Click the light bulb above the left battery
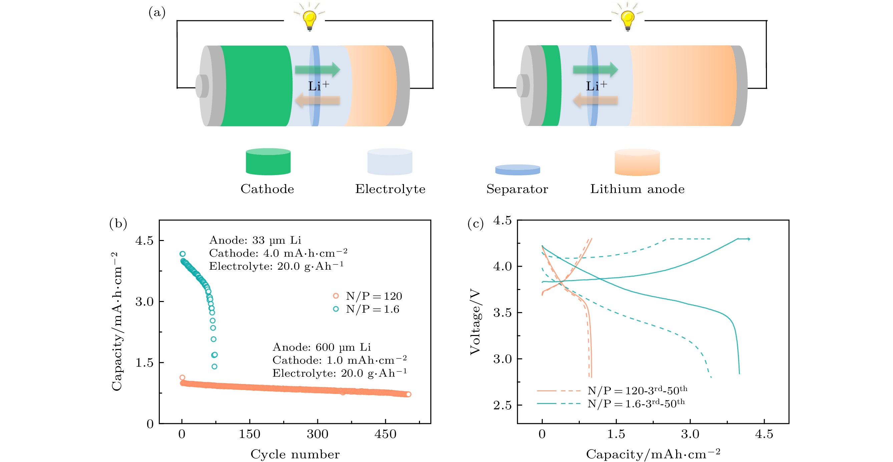pos(309,19)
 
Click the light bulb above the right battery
pos(627,19)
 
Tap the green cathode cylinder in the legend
pos(268,162)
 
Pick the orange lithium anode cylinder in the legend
pos(637,162)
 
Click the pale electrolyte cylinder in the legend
pos(390,162)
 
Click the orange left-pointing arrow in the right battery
pos(595,101)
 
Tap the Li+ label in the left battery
pos(318,86)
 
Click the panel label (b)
pos(118,223)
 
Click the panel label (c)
pos(475,223)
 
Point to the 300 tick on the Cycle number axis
pos(317,434)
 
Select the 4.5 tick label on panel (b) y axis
pos(144,240)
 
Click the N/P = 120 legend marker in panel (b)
pos(336,296)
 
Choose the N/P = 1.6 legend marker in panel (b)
pos(336,309)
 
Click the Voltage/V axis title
pos(475,322)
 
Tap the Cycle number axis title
pos(295,454)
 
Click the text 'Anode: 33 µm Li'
pos(255,240)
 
